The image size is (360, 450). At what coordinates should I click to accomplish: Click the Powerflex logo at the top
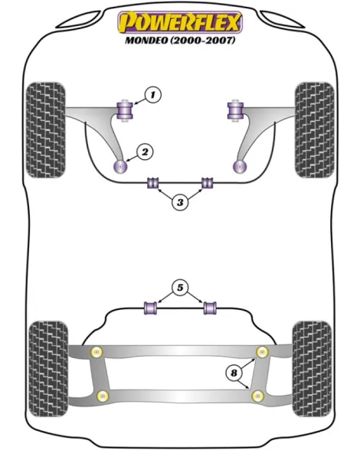click(180, 22)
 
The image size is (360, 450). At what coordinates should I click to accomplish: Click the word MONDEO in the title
click(146, 40)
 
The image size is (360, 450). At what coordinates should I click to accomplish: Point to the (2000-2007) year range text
click(203, 40)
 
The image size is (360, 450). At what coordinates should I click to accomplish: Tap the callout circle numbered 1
click(153, 94)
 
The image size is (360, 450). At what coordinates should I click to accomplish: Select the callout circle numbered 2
click(145, 152)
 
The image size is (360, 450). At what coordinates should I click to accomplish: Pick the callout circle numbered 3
click(180, 202)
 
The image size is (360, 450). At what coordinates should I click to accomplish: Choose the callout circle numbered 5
click(180, 287)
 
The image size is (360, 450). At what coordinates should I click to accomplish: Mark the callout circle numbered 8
click(234, 373)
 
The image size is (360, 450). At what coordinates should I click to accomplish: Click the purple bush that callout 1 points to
click(125, 111)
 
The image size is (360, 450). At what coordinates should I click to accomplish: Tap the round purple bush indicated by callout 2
click(120, 167)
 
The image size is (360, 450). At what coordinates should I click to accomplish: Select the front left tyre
click(45, 130)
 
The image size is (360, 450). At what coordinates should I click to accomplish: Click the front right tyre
click(315, 130)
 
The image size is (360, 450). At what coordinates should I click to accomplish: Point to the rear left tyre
click(49, 369)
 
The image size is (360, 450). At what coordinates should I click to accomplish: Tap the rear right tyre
click(312, 369)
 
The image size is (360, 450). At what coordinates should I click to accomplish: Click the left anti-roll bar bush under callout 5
click(151, 308)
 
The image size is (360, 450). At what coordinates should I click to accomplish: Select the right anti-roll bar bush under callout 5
click(210, 308)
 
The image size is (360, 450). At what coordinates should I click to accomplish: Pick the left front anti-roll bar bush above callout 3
click(153, 183)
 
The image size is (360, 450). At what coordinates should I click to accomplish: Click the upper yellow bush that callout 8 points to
click(262, 352)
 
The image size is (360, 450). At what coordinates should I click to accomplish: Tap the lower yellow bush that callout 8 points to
click(257, 396)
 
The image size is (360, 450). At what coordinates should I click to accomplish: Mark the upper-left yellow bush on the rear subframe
click(97, 352)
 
